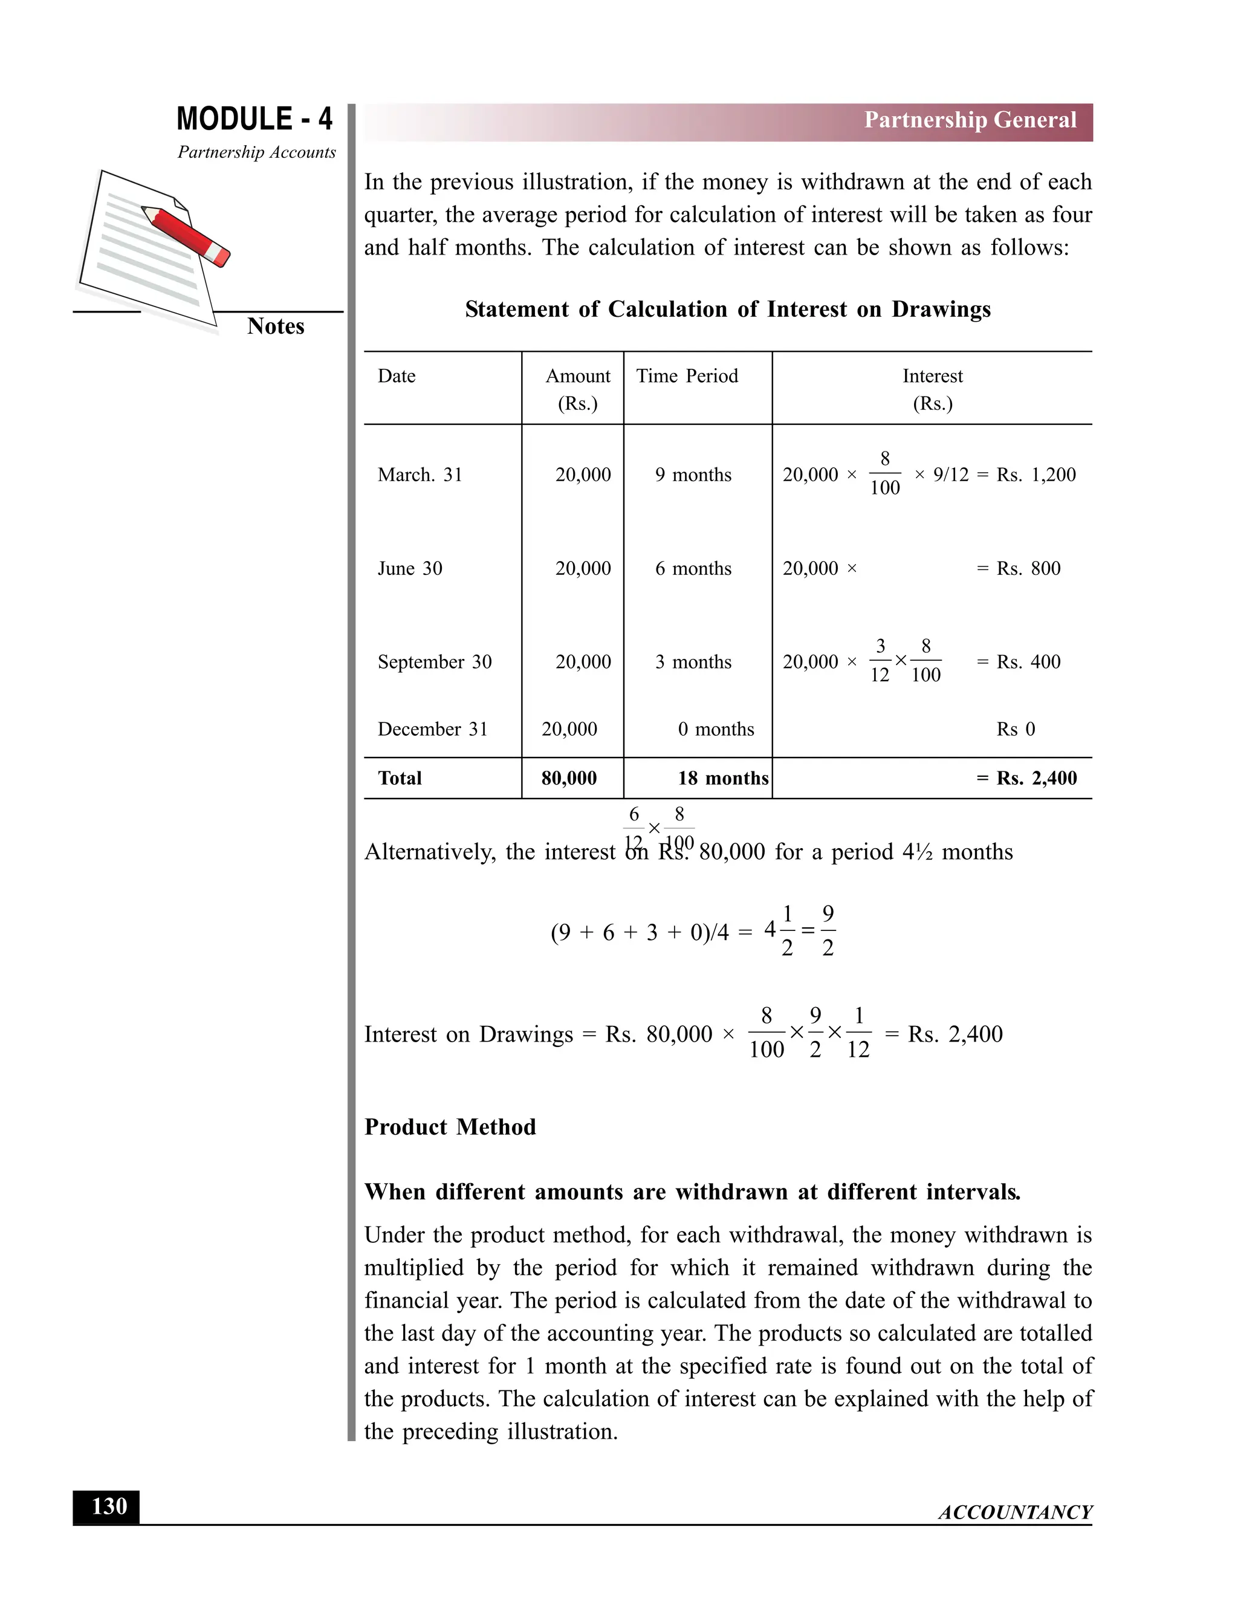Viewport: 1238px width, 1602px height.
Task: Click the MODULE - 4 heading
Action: click(254, 119)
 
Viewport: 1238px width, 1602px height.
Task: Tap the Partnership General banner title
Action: click(970, 120)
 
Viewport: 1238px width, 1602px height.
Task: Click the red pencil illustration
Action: click(186, 235)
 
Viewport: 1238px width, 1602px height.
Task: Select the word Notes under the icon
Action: click(275, 326)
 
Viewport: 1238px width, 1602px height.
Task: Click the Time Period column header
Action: click(687, 375)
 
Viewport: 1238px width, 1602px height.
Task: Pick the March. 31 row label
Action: click(420, 475)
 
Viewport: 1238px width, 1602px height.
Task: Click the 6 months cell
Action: click(693, 568)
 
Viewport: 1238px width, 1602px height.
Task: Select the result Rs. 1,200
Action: click(1035, 475)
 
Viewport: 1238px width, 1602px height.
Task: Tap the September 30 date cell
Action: click(434, 661)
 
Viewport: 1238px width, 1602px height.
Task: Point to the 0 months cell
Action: click(716, 729)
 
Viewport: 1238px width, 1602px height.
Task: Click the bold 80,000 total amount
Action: click(568, 778)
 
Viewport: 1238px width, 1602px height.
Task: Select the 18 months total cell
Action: click(722, 778)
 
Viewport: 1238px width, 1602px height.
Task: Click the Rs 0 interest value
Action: click(1015, 729)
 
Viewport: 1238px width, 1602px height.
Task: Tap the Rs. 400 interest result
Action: click(1028, 661)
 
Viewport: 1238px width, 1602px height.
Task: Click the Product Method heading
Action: click(450, 1127)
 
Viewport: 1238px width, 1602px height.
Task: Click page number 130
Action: click(109, 1506)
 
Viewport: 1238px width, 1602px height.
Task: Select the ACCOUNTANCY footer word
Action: click(1015, 1513)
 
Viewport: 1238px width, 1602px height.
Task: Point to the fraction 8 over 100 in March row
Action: click(884, 474)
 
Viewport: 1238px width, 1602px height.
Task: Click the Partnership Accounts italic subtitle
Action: click(257, 152)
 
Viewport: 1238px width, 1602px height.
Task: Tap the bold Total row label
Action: click(399, 778)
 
